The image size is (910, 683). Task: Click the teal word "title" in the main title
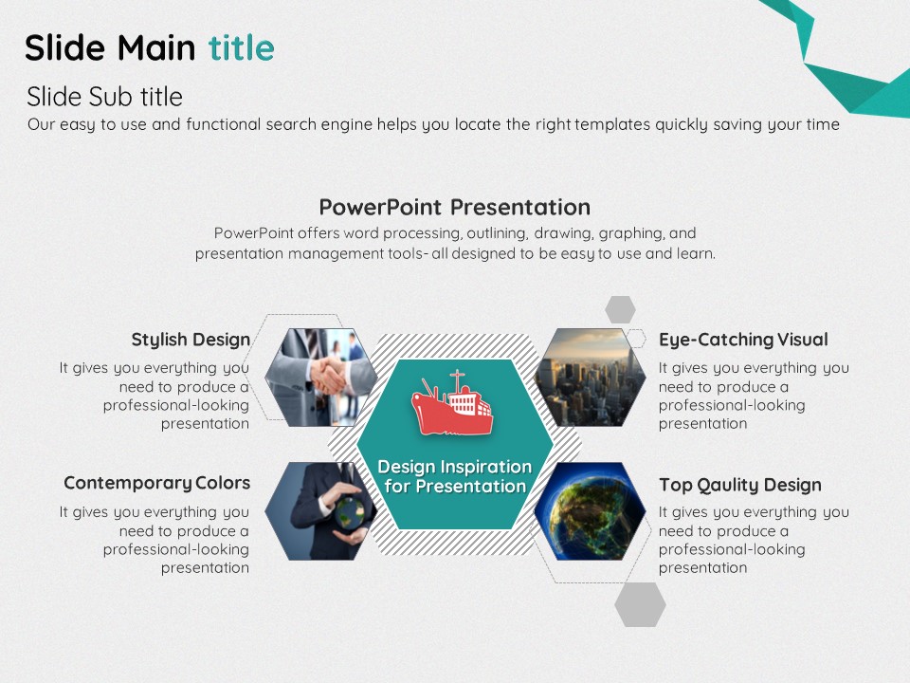point(242,47)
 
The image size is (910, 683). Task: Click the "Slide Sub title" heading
point(104,97)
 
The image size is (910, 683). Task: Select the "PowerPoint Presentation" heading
point(455,208)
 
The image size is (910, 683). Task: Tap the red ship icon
point(453,404)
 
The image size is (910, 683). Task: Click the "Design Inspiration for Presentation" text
point(455,476)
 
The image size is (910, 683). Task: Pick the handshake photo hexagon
point(321,377)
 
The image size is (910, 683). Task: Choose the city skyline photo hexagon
point(591,377)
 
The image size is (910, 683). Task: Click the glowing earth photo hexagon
point(591,511)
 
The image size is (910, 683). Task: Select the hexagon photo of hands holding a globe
point(321,511)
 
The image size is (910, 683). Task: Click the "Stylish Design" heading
point(191,340)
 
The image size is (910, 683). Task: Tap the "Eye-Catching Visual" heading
point(743,340)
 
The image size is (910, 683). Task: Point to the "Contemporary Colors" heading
point(156,483)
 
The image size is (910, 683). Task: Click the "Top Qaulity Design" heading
point(740,485)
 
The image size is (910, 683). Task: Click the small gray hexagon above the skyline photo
point(620,309)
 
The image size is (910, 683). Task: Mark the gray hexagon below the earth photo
point(640,604)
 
